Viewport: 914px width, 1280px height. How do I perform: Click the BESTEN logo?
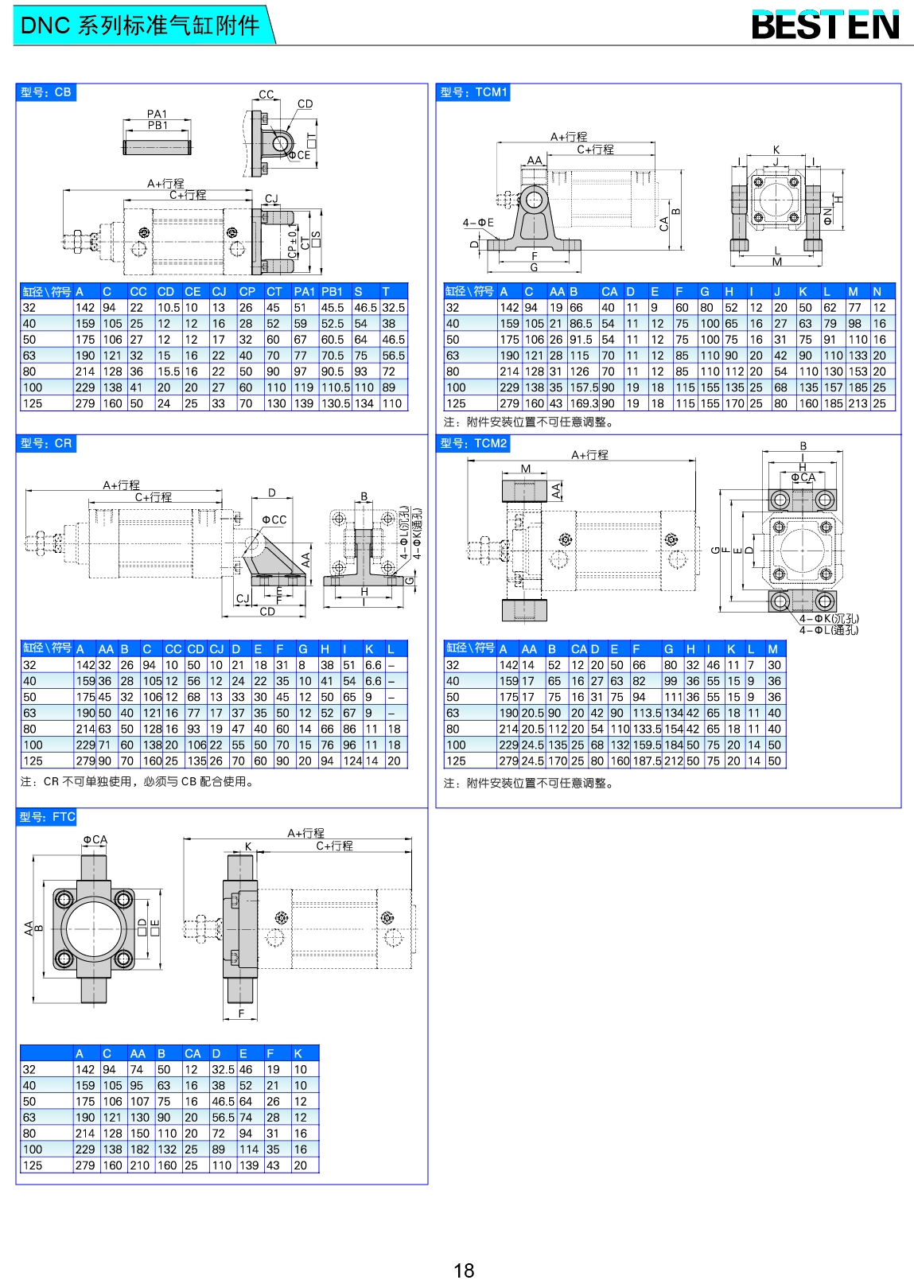point(826,25)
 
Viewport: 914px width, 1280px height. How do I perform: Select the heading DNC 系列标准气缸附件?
point(140,25)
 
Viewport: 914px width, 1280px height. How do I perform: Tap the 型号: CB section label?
point(46,92)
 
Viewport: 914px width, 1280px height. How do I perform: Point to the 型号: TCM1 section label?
point(473,92)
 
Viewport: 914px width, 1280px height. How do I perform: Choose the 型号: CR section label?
point(46,443)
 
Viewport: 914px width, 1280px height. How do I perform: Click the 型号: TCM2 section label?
point(473,443)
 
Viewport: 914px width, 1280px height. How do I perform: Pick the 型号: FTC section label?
point(48,817)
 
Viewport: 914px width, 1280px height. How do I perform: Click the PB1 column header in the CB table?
point(332,291)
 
